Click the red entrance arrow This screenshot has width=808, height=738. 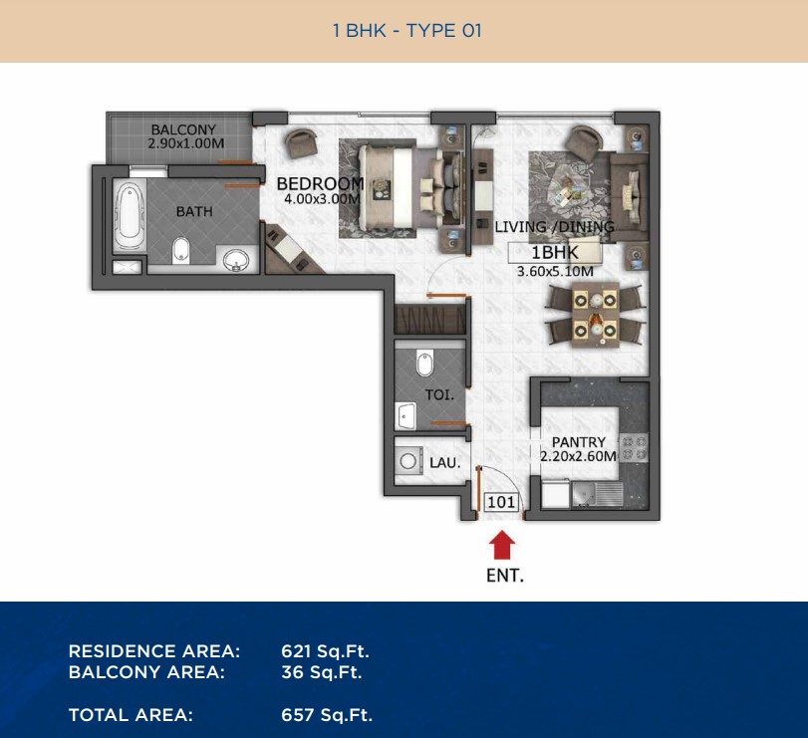pos(501,546)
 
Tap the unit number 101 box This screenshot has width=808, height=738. pos(501,502)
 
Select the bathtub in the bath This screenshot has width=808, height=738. pos(127,215)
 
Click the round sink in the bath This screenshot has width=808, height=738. pos(236,260)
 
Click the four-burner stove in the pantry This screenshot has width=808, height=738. pos(634,448)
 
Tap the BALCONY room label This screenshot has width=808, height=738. pos(183,129)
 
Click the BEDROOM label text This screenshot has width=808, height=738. pos(320,184)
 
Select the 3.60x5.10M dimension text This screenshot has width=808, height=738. pos(555,272)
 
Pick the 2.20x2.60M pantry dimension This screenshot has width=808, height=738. pos(578,456)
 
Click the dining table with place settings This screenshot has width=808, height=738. pos(595,315)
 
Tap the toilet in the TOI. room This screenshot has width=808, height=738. pos(425,364)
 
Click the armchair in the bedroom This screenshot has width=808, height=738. pos(302,142)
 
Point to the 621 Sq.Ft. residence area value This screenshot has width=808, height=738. pos(325,651)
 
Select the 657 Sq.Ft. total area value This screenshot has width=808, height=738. pos(327,715)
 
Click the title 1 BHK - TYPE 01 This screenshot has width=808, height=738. pos(407,31)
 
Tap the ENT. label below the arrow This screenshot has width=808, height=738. pos(505,576)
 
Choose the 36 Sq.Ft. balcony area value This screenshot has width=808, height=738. pos(322,672)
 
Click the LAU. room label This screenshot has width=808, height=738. pos(445,462)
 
